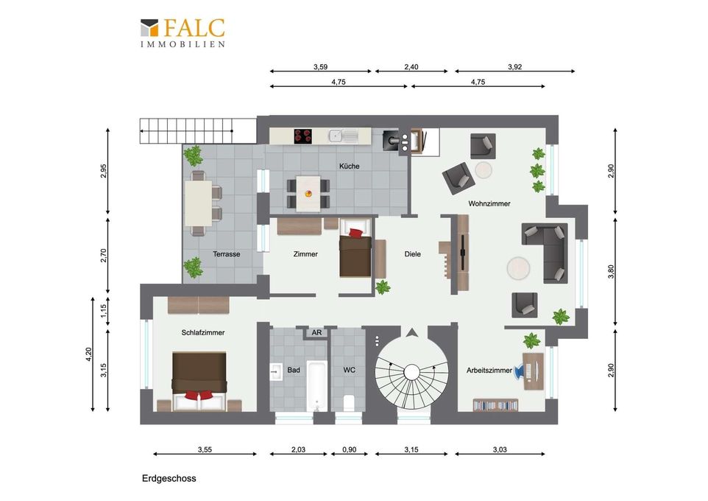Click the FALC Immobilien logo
183,32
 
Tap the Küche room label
349,167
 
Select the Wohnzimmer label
489,203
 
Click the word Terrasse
226,254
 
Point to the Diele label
412,254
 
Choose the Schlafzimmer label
202,332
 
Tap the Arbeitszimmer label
489,371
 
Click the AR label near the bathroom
316,333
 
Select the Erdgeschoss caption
169,478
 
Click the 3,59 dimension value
320,67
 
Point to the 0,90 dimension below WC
349,449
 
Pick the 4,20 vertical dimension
88,354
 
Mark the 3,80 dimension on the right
611,271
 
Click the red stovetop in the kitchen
303,136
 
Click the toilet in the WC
349,403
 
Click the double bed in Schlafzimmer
199,382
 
